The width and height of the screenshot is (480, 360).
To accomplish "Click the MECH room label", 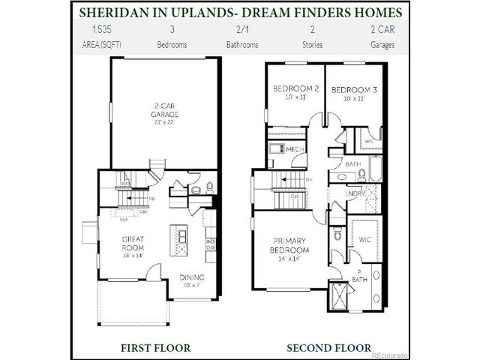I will (295, 150).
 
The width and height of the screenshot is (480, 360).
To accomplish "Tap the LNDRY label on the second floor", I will (355, 193).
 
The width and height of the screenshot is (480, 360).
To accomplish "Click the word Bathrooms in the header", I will (241, 44).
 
